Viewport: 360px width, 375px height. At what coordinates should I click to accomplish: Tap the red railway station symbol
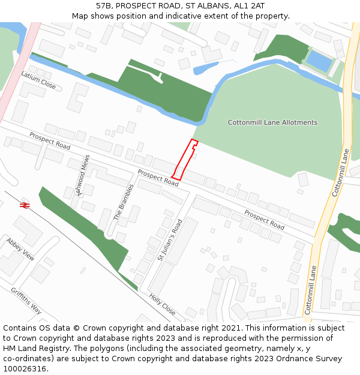pos(25,205)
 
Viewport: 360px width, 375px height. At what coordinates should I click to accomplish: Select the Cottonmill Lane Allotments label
pos(272,122)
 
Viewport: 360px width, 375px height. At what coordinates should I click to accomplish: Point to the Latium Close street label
pos(38,80)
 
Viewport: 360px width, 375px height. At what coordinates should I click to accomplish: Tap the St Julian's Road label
pos(169,239)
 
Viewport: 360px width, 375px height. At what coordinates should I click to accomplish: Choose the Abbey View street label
pos(20,248)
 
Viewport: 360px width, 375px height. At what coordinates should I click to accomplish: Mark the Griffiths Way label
pos(26,300)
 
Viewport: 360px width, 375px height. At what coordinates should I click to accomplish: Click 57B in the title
pos(104,5)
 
